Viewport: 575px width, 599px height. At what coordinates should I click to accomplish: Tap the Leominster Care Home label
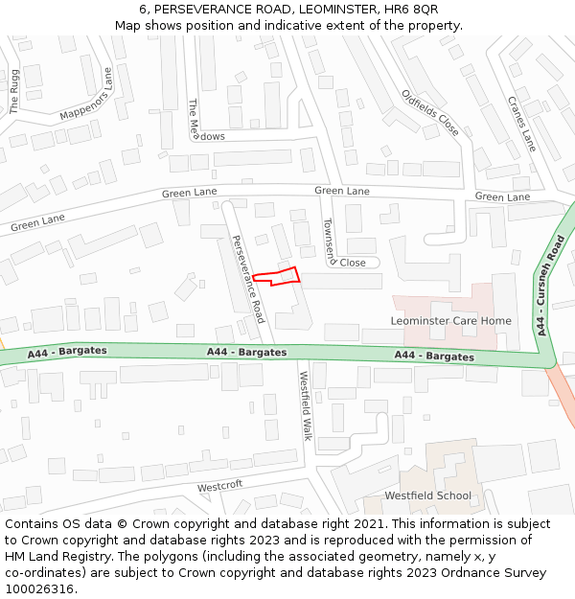click(x=450, y=320)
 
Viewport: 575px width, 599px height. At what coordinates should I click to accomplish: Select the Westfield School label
click(x=427, y=495)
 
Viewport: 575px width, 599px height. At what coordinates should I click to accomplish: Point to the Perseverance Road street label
click(x=247, y=279)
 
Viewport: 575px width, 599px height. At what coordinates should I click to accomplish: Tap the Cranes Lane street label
click(x=521, y=124)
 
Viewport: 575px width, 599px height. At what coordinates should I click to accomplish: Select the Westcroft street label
click(x=220, y=486)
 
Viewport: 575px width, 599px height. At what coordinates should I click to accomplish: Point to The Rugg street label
click(x=14, y=92)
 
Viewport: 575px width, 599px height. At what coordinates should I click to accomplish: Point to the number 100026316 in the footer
click(x=39, y=588)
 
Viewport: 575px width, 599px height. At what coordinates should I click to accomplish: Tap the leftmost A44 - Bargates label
click(x=67, y=352)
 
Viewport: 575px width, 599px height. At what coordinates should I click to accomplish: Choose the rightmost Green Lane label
click(x=502, y=196)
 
